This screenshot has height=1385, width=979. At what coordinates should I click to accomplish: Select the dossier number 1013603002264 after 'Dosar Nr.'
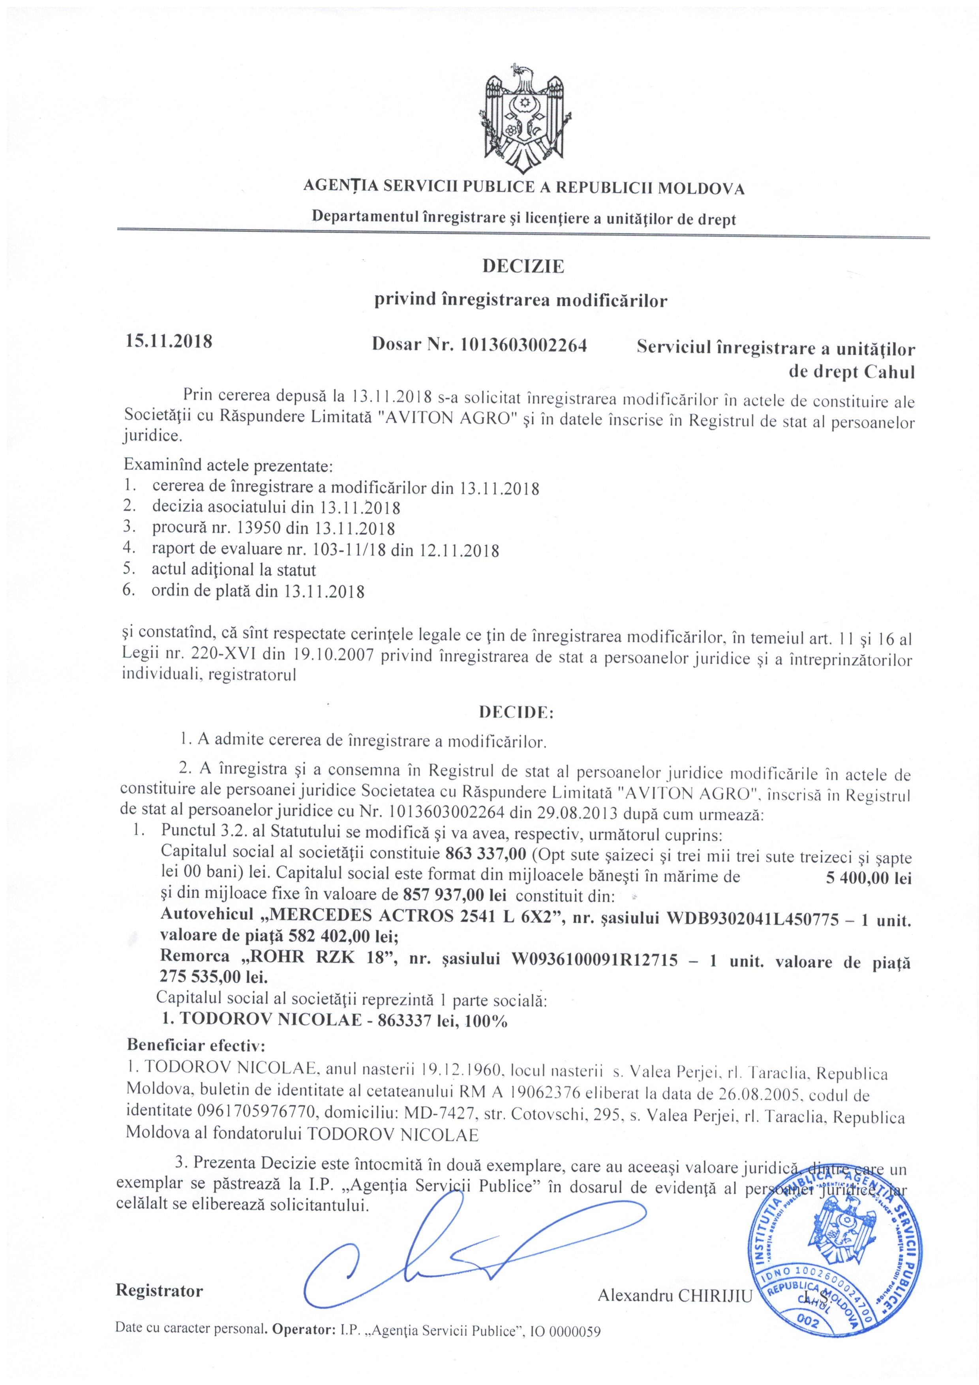pyautogui.click(x=523, y=345)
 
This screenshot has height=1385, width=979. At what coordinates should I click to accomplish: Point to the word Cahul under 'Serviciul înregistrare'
pyautogui.click(x=890, y=372)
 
